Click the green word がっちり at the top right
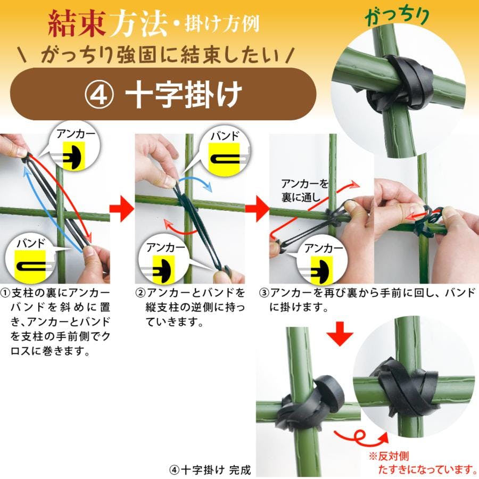pos(398,16)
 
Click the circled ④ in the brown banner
pos(99,95)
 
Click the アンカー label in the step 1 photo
pos(76,135)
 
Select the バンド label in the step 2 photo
pos(225,136)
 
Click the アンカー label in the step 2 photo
pos(166,248)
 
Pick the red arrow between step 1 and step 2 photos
pos(122,209)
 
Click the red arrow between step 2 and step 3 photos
pos(257,209)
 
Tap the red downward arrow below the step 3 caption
pos(340,333)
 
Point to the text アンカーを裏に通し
pos(304,191)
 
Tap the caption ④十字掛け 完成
pos(210,470)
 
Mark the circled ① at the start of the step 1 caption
pos(5,294)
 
